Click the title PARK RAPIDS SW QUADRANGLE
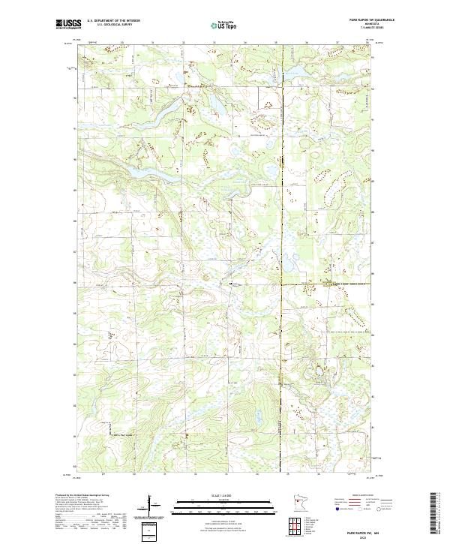point(370,20)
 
